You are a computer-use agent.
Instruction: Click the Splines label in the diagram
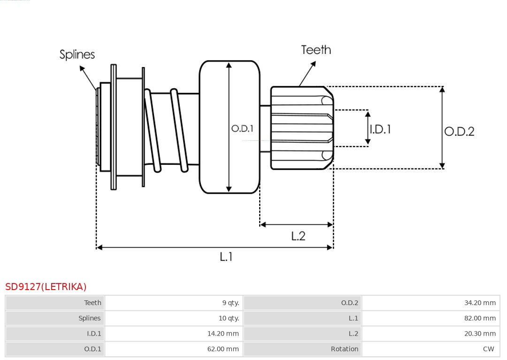(x=77, y=54)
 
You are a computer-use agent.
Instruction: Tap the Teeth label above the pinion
(x=316, y=50)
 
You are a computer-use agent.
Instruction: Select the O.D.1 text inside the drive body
(x=242, y=128)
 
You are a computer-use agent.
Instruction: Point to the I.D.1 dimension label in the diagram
(x=380, y=129)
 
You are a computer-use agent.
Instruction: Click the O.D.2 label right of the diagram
(x=459, y=131)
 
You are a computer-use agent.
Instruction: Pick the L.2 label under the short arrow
(x=298, y=236)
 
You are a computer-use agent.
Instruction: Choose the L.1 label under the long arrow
(x=226, y=257)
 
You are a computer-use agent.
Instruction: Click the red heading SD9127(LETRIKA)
(x=46, y=286)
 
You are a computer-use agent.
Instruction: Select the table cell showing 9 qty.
(x=230, y=303)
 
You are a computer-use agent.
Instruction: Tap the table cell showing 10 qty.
(x=229, y=318)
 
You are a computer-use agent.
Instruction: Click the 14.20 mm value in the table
(x=223, y=334)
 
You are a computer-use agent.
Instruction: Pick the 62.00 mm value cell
(x=223, y=349)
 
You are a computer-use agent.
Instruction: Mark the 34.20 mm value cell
(x=480, y=303)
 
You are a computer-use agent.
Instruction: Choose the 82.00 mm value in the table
(x=480, y=318)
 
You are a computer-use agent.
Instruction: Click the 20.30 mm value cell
(x=480, y=334)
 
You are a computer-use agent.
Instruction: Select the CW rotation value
(x=488, y=349)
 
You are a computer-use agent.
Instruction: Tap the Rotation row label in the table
(x=344, y=349)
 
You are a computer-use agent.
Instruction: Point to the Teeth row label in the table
(x=92, y=303)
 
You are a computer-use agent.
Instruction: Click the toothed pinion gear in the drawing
(x=301, y=128)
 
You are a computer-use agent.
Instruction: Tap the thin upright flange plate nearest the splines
(x=114, y=127)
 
